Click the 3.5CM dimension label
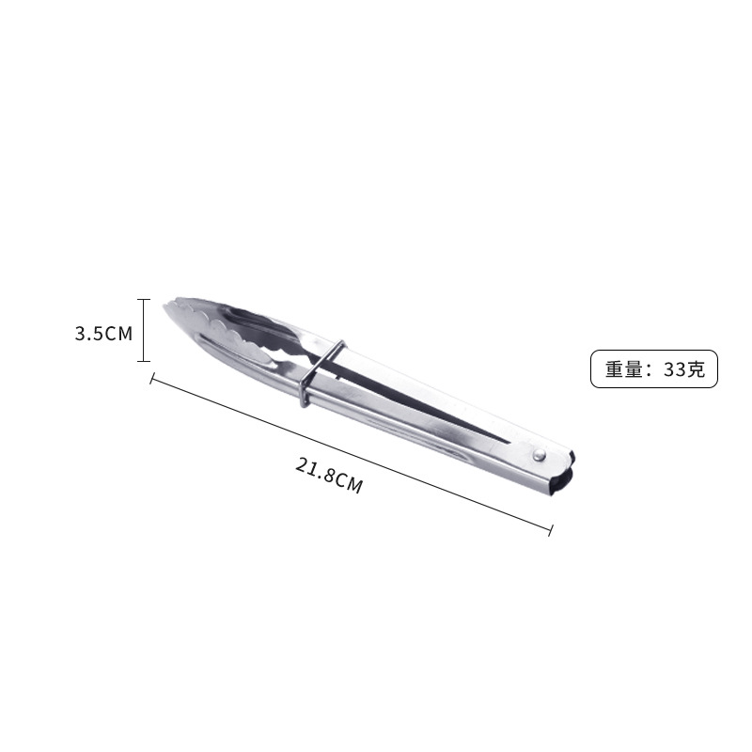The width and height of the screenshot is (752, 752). pos(103,333)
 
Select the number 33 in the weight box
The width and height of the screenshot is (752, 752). pos(675,369)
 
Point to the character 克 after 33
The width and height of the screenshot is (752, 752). pos(697,369)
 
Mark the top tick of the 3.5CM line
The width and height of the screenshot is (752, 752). pos(144,300)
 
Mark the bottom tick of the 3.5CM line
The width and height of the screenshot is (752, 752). pos(144,361)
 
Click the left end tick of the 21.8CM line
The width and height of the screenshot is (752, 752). pos(151,379)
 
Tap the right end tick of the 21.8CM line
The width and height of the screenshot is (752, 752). pos(550,532)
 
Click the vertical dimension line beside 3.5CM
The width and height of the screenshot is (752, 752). pos(144,330)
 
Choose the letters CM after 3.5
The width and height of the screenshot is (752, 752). pos(118,333)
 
